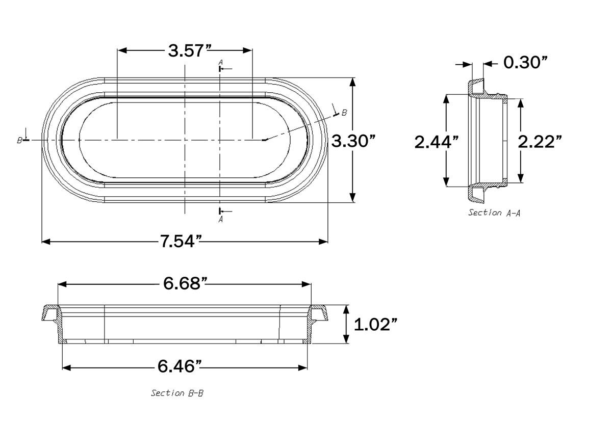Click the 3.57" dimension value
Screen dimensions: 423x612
190,51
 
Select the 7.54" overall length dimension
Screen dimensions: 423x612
178,241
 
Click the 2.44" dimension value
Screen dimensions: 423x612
433,142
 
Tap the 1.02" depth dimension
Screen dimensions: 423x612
375,324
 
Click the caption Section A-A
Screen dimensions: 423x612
494,213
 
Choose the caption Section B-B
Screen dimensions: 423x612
177,393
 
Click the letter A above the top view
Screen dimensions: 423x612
220,62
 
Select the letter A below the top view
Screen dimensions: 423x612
220,220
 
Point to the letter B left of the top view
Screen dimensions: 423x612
19,140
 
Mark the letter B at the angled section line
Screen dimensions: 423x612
344,113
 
